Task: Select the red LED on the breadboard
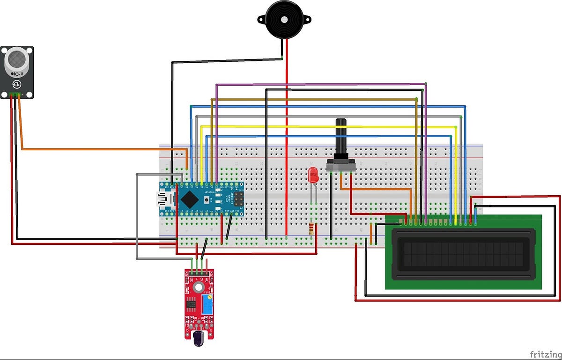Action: (x=312, y=176)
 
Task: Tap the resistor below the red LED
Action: (x=312, y=228)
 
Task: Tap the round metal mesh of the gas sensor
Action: (x=17, y=58)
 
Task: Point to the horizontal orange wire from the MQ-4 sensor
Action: (x=103, y=149)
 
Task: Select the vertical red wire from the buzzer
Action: (x=287, y=140)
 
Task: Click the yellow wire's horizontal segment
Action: (x=328, y=126)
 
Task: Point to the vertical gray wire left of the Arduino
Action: (x=137, y=215)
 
